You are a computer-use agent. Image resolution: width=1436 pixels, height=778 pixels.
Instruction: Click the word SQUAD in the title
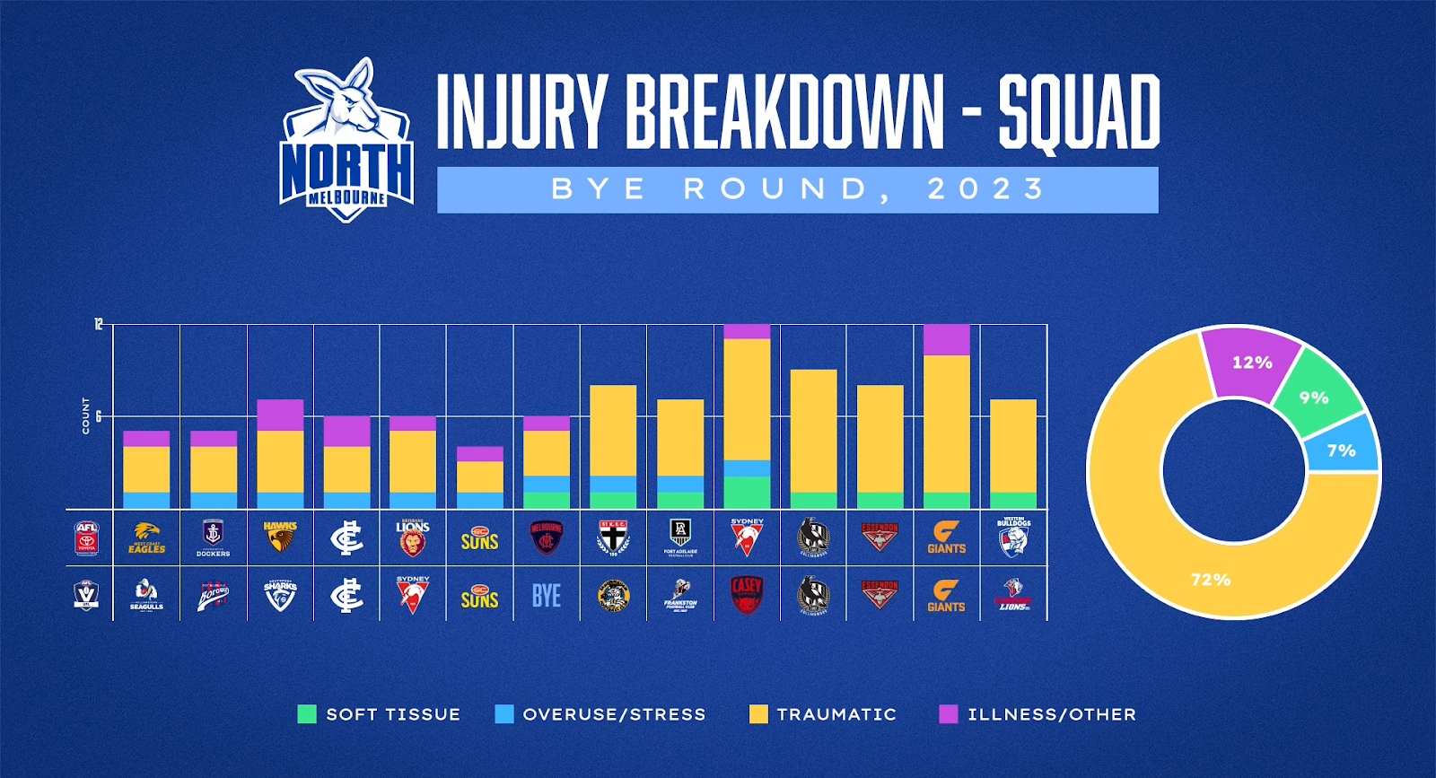pos(1079,112)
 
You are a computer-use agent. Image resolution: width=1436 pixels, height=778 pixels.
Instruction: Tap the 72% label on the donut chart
pos(1210,580)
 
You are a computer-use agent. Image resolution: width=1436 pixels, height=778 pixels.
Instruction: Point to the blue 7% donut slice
pos(1342,450)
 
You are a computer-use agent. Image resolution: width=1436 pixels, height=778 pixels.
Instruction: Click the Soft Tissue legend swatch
pos(307,714)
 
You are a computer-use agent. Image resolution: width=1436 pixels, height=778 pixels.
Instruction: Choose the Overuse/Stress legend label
pos(614,714)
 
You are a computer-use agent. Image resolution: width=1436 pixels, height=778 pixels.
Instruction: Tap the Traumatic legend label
pos(836,714)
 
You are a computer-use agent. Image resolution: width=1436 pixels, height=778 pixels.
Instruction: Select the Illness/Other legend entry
pos(1051,714)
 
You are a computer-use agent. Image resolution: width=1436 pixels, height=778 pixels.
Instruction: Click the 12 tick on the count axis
pos(99,324)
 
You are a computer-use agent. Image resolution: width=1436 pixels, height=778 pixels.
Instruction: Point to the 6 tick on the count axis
pos(99,416)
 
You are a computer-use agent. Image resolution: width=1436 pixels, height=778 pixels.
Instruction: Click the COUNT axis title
pos(86,416)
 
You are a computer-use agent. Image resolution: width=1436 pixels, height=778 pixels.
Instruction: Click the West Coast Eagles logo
pos(146,538)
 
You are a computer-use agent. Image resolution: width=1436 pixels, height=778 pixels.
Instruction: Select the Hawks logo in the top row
pos(280,538)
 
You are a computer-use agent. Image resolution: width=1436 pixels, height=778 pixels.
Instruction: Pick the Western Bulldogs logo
pos(1013,538)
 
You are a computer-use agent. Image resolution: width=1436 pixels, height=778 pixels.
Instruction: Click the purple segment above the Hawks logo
pos(280,415)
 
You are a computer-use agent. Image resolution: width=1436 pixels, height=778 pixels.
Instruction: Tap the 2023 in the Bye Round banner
pos(986,189)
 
